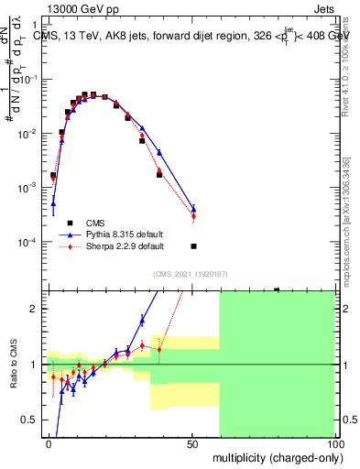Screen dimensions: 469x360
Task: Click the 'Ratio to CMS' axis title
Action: tap(13, 365)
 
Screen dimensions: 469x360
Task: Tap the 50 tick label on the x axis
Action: tap(191, 442)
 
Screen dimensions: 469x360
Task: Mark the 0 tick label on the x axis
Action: tap(49, 442)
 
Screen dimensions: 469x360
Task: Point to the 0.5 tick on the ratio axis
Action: tap(29, 420)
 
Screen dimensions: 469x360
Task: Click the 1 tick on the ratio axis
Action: tap(33, 365)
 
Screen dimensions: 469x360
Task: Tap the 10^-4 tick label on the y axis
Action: tap(26, 243)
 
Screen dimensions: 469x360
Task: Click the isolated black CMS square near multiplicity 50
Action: tap(193, 246)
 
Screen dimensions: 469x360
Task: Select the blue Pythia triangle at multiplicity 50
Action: tap(193, 209)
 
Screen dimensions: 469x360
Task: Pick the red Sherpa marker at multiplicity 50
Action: tap(193, 216)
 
